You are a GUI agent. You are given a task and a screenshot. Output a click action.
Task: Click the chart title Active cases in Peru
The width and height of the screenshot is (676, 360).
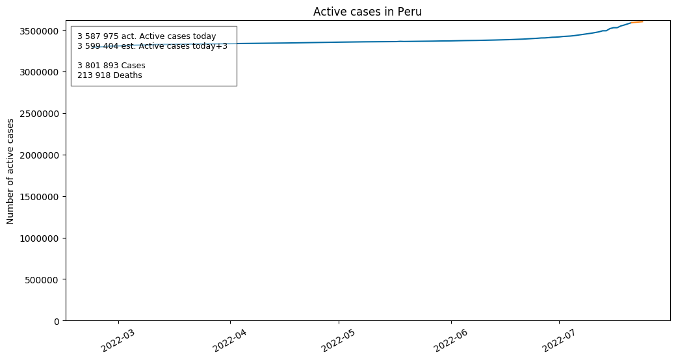coord(367,12)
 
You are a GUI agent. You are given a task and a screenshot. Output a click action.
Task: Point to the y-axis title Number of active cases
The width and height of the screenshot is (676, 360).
coord(10,171)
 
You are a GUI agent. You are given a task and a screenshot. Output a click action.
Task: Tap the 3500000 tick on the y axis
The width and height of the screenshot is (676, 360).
coord(39,31)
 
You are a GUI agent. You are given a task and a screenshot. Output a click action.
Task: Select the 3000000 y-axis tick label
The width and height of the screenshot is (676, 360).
coord(39,72)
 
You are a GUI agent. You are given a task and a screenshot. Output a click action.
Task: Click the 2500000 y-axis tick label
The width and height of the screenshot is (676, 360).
coord(39,114)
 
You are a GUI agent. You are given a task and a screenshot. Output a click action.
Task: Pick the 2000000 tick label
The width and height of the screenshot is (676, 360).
coord(39,155)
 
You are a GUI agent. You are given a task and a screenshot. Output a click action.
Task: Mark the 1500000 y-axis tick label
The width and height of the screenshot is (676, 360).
coord(39,197)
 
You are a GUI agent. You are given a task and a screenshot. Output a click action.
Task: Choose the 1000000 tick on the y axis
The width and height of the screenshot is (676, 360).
coord(39,238)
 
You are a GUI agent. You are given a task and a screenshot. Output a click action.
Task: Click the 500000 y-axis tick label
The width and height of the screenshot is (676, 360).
coord(42,280)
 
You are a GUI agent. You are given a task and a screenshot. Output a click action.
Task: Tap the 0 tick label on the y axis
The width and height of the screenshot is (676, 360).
coord(57,321)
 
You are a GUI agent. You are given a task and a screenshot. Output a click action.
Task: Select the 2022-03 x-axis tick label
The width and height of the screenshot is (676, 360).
coord(118,340)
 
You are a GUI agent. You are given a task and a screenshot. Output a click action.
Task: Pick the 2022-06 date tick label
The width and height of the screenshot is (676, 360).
coord(450,340)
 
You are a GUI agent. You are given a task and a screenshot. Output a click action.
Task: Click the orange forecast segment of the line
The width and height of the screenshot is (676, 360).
coord(637,22)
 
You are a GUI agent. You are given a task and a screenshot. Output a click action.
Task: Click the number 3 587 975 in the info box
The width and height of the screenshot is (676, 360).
coord(98,36)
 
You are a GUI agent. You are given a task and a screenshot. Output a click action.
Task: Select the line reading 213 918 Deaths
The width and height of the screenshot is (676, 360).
coord(110,75)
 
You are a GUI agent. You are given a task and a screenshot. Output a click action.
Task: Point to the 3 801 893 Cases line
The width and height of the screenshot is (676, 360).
coord(111,66)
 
